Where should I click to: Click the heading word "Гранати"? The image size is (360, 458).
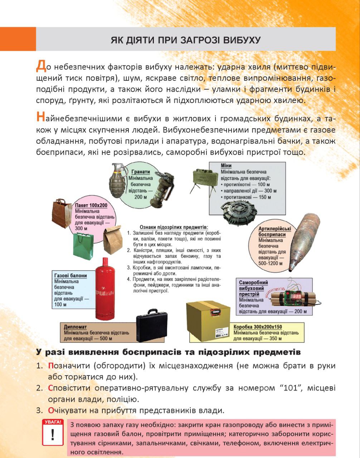pyautogui.click(x=140, y=172)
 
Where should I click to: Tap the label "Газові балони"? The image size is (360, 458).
pyautogui.click(x=70, y=276)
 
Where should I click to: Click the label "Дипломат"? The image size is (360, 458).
pyautogui.click(x=75, y=327)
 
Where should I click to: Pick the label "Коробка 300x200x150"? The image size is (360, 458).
pyautogui.click(x=258, y=327)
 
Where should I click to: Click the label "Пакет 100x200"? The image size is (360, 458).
pyautogui.click(x=91, y=206)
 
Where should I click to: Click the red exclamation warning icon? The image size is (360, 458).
pyautogui.click(x=53, y=433)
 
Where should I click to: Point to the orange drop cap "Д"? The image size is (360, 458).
pyautogui.click(x=41, y=66)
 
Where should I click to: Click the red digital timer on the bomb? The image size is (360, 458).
pyautogui.click(x=297, y=296)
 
